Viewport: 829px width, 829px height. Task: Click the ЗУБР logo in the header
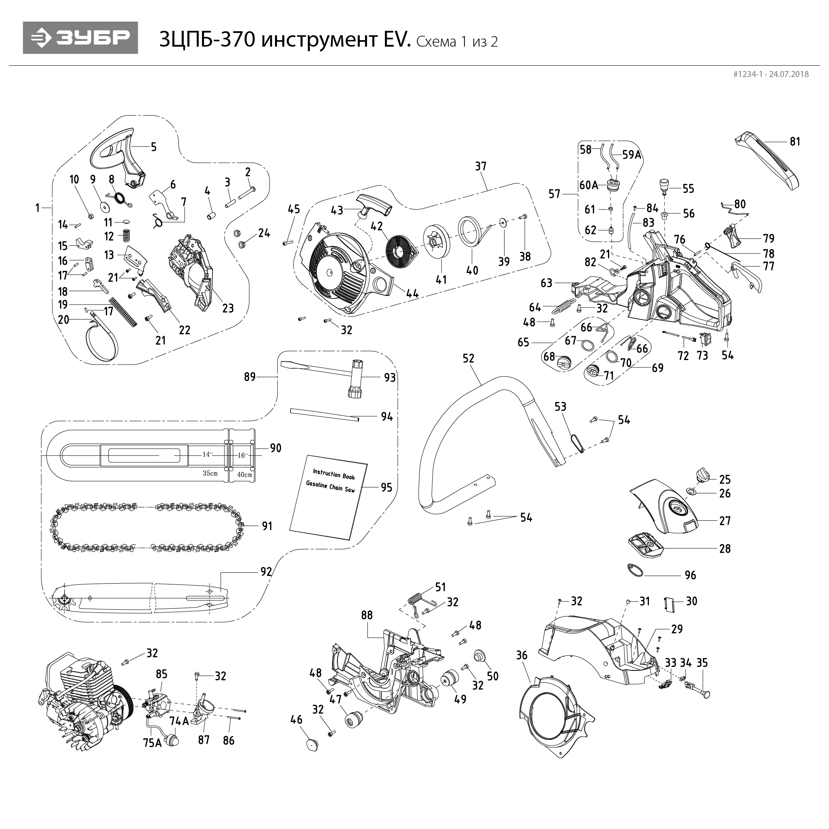click(x=80, y=38)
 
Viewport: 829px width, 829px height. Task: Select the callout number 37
click(x=481, y=166)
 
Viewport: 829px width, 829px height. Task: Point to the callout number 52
click(x=468, y=358)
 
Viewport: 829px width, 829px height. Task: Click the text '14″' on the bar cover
click(x=208, y=454)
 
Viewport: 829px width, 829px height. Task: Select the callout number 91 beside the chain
click(x=267, y=526)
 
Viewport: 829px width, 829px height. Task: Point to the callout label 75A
click(x=152, y=743)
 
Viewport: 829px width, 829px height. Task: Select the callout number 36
click(x=522, y=656)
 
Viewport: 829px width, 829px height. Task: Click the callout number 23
click(x=228, y=308)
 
